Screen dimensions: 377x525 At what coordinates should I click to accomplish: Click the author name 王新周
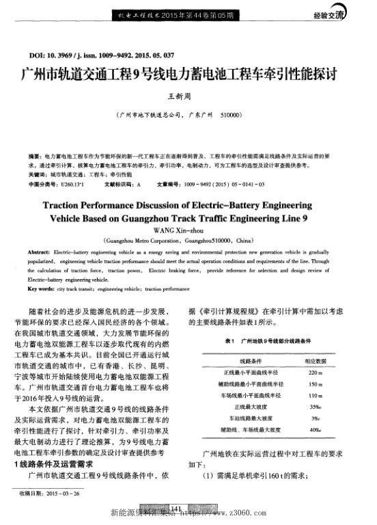(x=188, y=98)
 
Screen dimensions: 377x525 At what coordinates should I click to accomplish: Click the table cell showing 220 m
(x=315, y=372)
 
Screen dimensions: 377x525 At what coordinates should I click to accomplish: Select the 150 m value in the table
(x=315, y=384)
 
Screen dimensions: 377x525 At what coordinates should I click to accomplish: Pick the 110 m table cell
(x=315, y=396)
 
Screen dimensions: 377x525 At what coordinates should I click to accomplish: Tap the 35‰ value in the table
(x=315, y=407)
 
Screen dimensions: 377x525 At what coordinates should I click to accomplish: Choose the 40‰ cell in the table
(x=315, y=431)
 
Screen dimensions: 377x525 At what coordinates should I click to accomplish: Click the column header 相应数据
(x=315, y=360)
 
